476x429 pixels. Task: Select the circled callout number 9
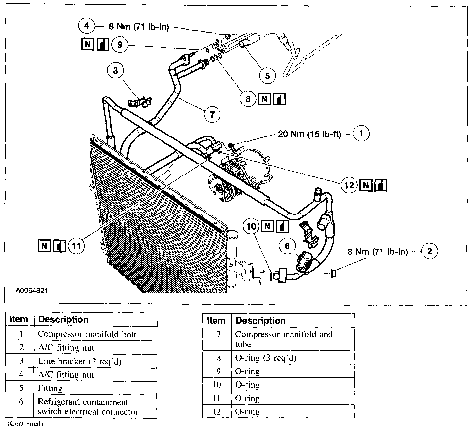click(120, 44)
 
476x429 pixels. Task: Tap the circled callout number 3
click(115, 71)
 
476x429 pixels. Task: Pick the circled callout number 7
click(212, 114)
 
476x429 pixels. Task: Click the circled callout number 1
click(361, 134)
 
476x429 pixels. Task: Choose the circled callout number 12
click(349, 185)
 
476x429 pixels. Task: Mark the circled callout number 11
click(76, 246)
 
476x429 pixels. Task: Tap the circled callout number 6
click(287, 246)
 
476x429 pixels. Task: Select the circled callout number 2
click(429, 251)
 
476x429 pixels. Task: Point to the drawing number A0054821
click(31, 291)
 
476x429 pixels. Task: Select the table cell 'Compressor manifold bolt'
click(87, 334)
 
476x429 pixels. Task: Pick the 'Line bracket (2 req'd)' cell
click(80, 361)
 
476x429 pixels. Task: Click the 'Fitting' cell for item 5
click(50, 388)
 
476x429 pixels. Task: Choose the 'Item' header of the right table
click(216, 320)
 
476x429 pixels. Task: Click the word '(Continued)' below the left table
click(25, 423)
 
